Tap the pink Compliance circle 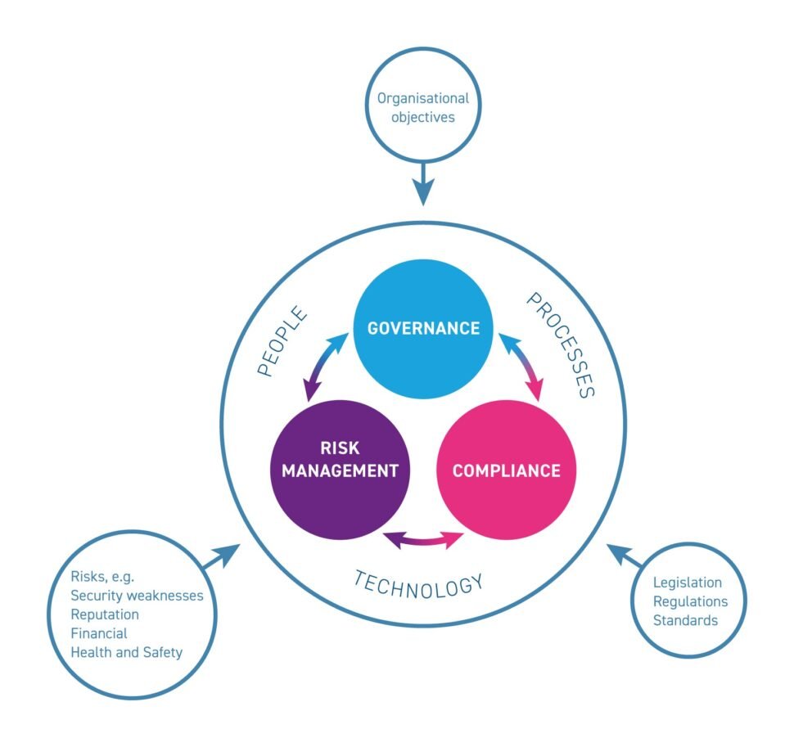(506, 470)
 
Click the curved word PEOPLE (282, 342)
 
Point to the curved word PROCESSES (560, 344)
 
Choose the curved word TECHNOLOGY (418, 582)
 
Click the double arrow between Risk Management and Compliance (423, 539)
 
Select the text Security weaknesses (137, 596)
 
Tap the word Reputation (105, 614)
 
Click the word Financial (99, 633)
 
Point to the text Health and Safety (127, 652)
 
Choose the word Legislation (688, 583)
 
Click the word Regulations (690, 601)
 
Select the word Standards (685, 620)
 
